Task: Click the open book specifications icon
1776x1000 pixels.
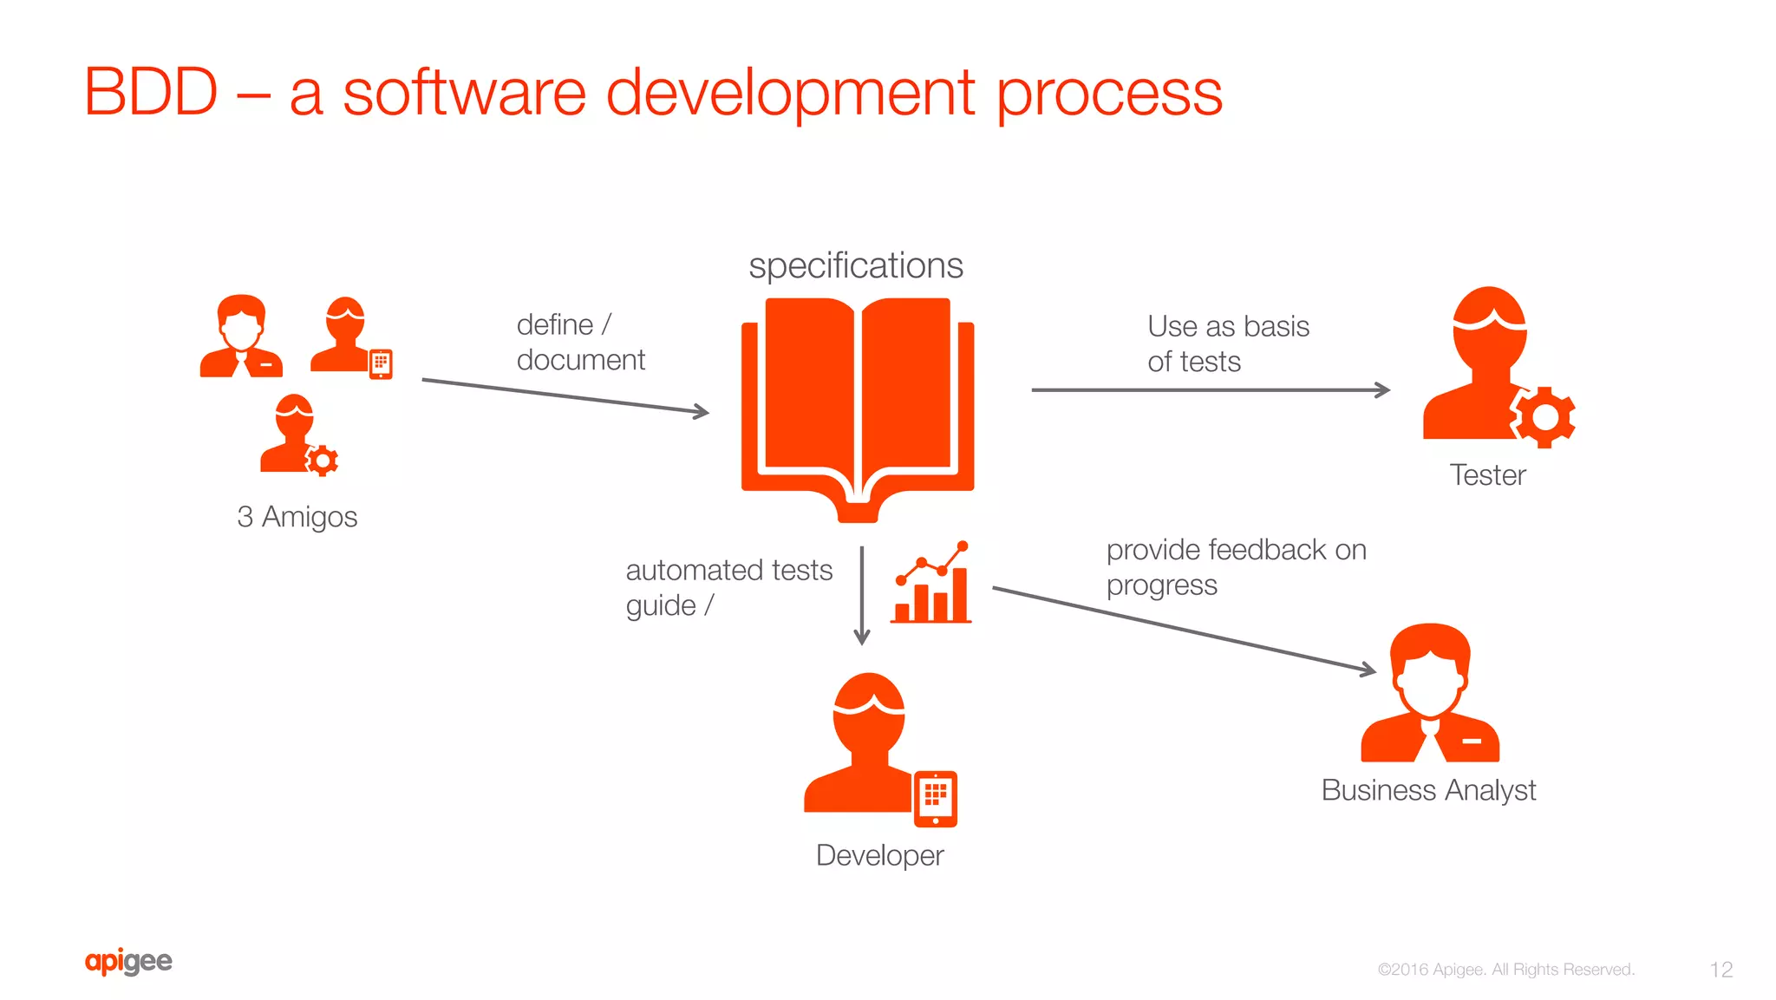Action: pyautogui.click(x=857, y=408)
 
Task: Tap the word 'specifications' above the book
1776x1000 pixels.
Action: pyautogui.click(x=856, y=265)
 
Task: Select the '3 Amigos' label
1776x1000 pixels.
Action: pyautogui.click(x=297, y=517)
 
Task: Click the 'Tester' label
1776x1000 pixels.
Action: pyautogui.click(x=1487, y=475)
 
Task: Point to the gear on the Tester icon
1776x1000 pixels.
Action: pyautogui.click(x=1544, y=417)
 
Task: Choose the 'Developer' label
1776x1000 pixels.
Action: pyautogui.click(x=879, y=856)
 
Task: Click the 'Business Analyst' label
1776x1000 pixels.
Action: pyautogui.click(x=1428, y=790)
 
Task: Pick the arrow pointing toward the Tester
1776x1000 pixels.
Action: pyautogui.click(x=1210, y=390)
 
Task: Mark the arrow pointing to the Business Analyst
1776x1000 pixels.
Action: pyautogui.click(x=1184, y=629)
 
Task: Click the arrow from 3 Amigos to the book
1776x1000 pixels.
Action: pyautogui.click(x=565, y=396)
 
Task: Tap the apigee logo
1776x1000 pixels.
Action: pyautogui.click(x=128, y=961)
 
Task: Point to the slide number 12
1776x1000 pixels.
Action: pyautogui.click(x=1720, y=970)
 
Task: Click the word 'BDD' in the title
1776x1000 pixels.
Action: pyautogui.click(x=151, y=92)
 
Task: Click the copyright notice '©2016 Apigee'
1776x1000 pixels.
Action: pyautogui.click(x=1505, y=970)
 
